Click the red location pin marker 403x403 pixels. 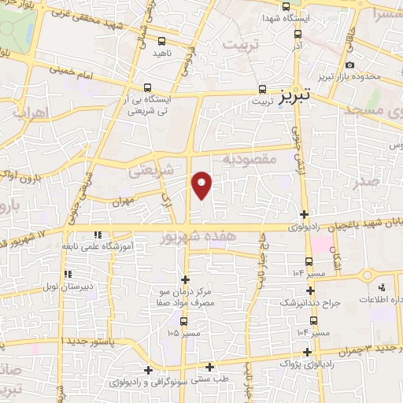(202, 184)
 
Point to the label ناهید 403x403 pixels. (161, 52)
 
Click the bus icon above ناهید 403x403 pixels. (161, 40)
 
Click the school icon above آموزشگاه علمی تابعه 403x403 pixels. (97, 235)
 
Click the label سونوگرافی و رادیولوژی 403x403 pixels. (148, 381)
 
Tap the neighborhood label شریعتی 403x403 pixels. (155, 169)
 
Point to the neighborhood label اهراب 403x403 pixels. (30, 113)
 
